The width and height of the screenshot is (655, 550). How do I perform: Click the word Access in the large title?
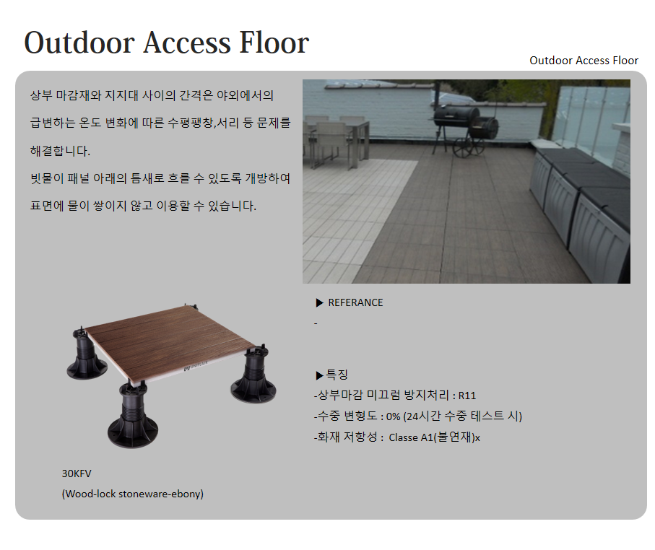(187, 43)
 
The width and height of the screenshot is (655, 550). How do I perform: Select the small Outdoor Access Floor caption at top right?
(584, 61)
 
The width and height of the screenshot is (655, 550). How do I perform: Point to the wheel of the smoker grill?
(463, 147)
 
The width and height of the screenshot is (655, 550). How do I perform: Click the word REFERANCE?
(355, 302)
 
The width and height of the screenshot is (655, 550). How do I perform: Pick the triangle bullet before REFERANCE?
(320, 302)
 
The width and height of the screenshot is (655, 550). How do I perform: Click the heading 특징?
(337, 375)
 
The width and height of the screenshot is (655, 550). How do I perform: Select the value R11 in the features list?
(467, 396)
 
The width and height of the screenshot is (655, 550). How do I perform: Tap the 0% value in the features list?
(393, 416)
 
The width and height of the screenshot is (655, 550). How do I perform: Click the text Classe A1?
(411, 437)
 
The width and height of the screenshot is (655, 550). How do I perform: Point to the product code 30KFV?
(77, 473)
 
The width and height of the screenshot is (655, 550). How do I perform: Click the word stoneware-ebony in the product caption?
(161, 494)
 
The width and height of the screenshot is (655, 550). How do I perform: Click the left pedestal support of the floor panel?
(86, 354)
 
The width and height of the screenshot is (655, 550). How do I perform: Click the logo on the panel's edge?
(196, 366)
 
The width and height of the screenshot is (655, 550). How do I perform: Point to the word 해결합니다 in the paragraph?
(60, 151)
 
